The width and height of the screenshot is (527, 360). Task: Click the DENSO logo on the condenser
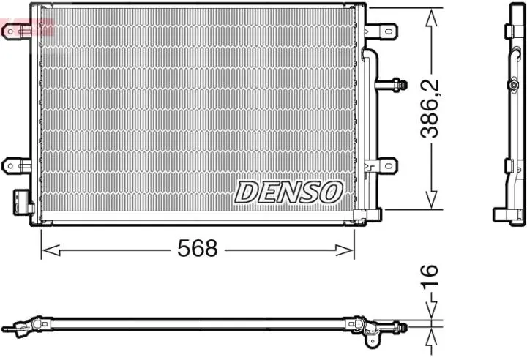tap(288, 192)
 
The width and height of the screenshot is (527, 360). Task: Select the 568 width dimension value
tap(198, 249)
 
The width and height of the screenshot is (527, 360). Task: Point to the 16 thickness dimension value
tap(432, 274)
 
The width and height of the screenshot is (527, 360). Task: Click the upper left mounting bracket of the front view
tap(16, 30)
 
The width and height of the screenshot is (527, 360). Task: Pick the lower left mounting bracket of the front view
tap(16, 165)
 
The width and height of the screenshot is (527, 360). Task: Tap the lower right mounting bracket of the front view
tap(382, 165)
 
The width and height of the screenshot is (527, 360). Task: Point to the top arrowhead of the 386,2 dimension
tap(432, 15)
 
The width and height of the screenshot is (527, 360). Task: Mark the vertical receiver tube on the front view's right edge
tap(360, 110)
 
